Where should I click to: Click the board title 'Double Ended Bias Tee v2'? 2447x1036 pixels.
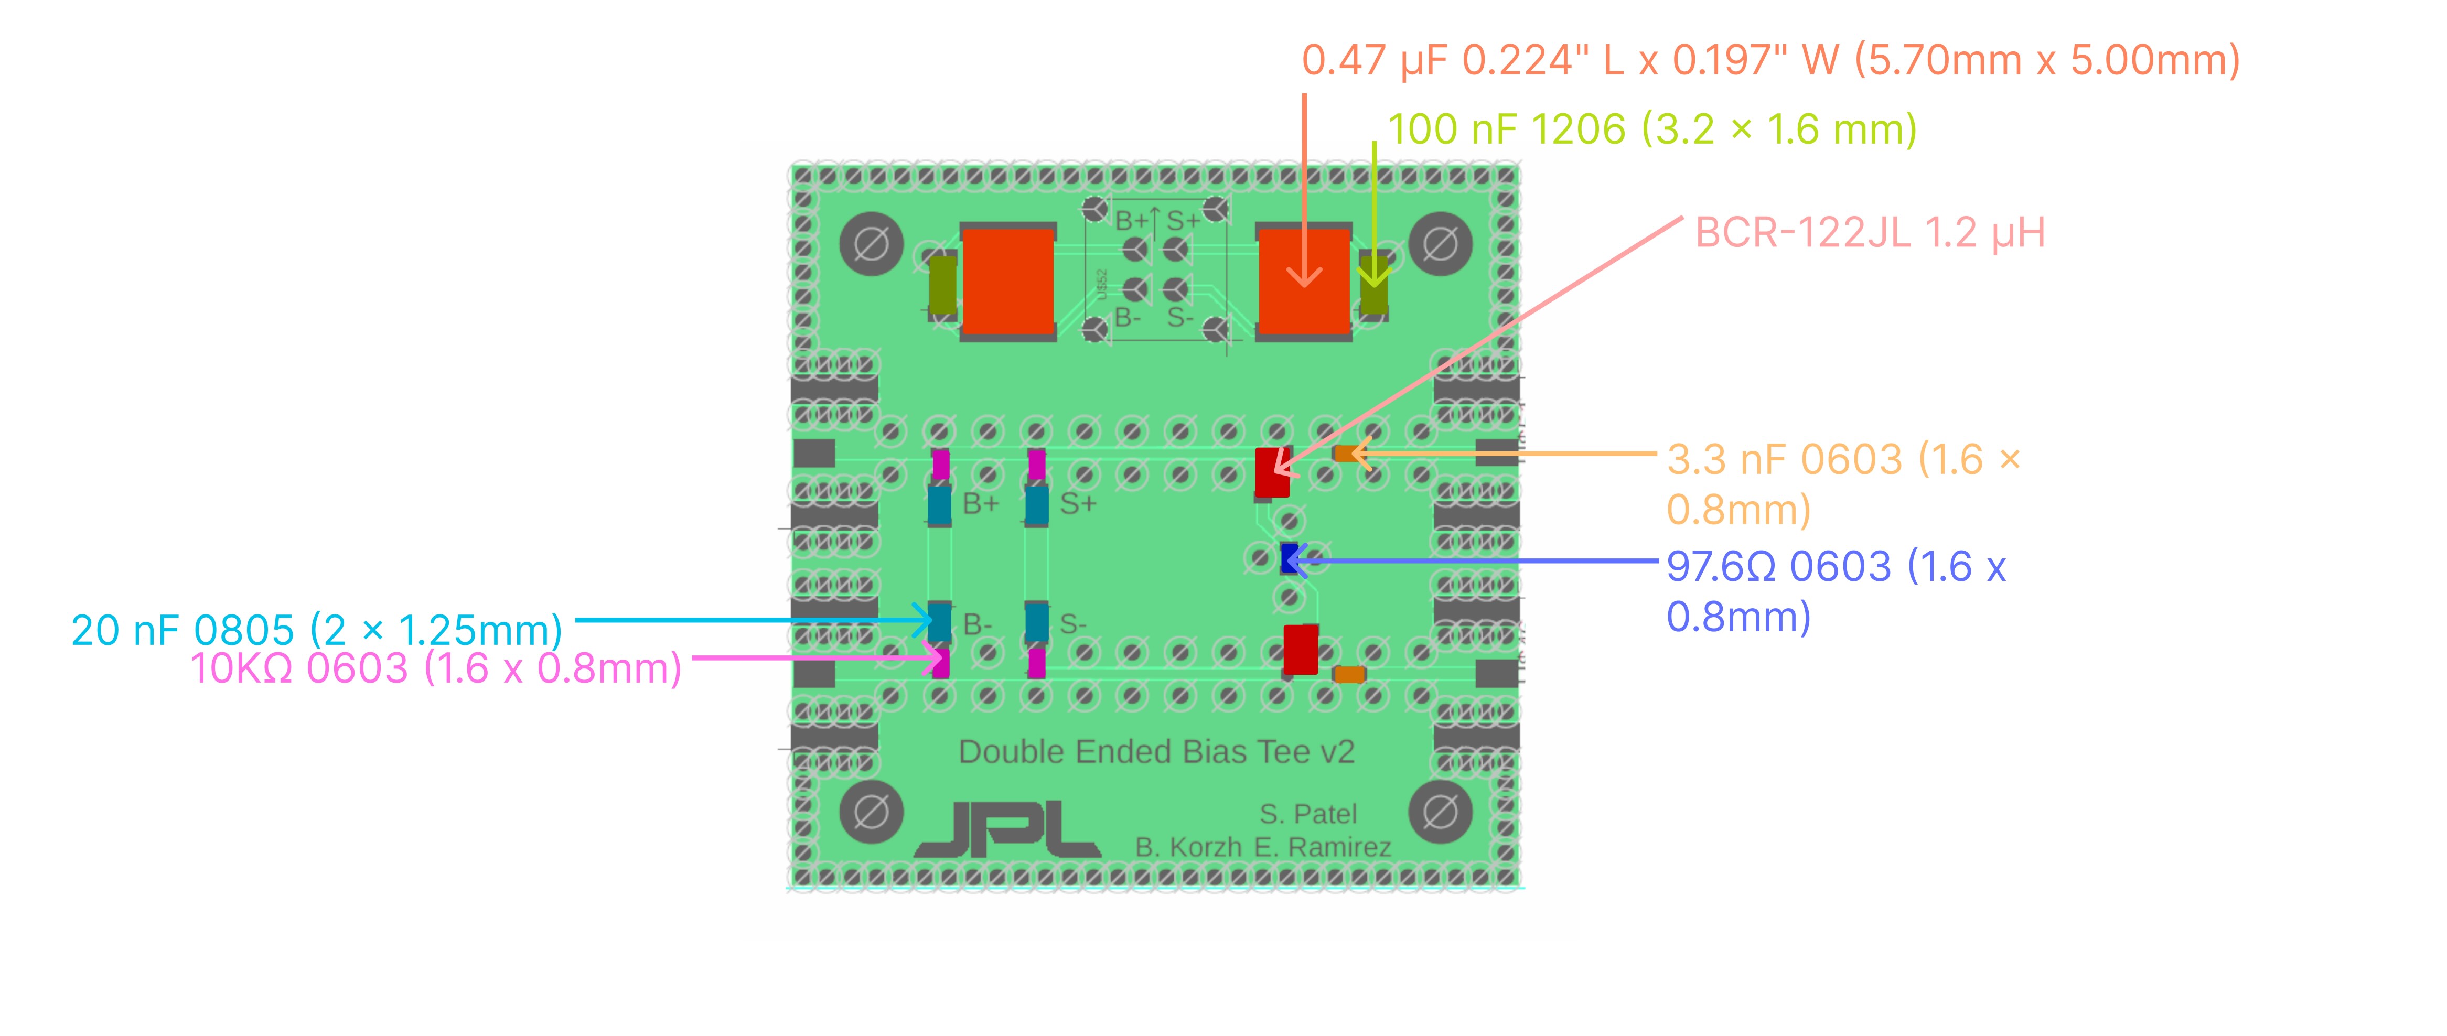(1156, 752)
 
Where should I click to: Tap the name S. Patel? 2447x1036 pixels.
(1308, 814)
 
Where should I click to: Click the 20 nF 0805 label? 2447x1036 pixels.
(316, 631)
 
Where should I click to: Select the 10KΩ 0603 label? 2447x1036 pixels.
(436, 668)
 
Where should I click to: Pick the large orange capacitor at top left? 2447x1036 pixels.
(1008, 282)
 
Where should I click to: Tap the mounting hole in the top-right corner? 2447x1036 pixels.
(1440, 244)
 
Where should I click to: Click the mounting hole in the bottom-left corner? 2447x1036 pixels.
(871, 812)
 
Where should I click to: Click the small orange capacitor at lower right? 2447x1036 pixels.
(1349, 674)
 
